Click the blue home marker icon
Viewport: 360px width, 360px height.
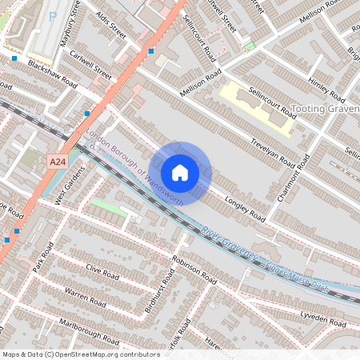click(180, 172)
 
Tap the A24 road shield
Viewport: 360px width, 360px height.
click(55, 162)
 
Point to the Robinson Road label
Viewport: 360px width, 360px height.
click(194, 270)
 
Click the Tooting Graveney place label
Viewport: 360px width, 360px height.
click(325, 108)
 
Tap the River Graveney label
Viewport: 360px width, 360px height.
click(228, 242)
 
